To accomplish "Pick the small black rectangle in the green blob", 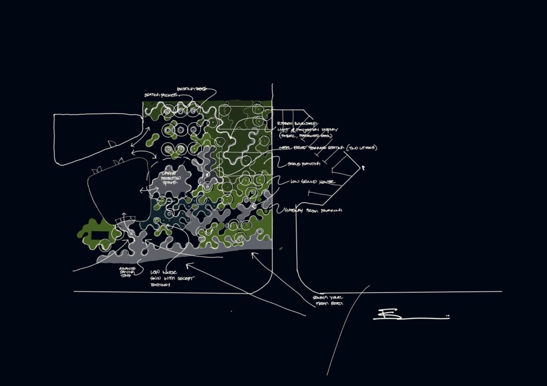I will pyautogui.click(x=99, y=235).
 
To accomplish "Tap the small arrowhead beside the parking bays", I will pyautogui.click(x=363, y=168).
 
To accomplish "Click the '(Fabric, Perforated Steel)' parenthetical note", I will pyautogui.click(x=305, y=136).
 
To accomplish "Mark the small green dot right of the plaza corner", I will pyautogui.click(x=279, y=248).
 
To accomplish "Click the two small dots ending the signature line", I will pyautogui.click(x=448, y=317).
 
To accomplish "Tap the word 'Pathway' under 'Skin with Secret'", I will pyautogui.click(x=160, y=286).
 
